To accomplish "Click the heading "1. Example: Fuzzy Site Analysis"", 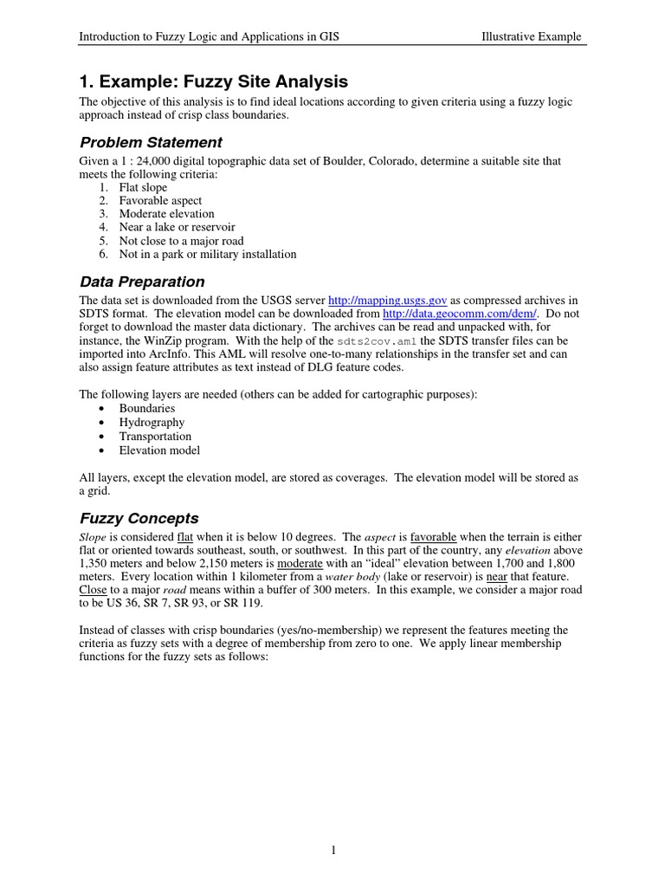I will tap(213, 81).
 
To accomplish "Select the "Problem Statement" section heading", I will tap(151, 142).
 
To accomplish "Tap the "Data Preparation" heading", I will tap(142, 282).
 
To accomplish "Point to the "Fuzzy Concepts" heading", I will tap(139, 519).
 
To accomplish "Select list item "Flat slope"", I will tap(143, 187).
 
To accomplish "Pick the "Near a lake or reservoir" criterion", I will tap(172, 228).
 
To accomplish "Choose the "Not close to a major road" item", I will tap(181, 241).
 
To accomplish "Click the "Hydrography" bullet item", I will tap(152, 423).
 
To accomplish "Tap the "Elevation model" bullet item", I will tap(159, 450).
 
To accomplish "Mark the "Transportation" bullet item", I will tap(155, 437).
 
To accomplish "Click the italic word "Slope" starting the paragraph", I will tap(93, 535).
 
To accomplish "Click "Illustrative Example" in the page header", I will tap(531, 37).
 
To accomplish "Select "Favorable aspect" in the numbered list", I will tap(160, 201).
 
